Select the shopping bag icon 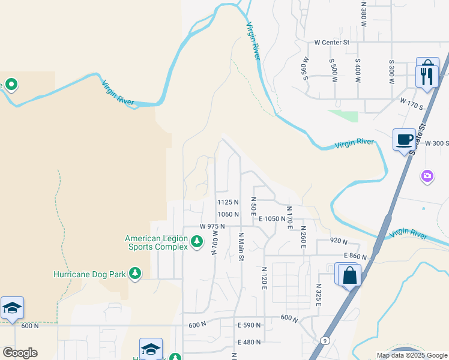[350, 277]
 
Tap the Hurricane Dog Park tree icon [135, 274]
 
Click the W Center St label [331, 43]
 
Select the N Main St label [241, 246]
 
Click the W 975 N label [212, 226]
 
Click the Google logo [20, 353]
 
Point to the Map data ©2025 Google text [412, 355]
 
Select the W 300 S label [436, 143]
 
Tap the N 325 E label [319, 296]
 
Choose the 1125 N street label [228, 202]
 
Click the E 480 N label [249, 342]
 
